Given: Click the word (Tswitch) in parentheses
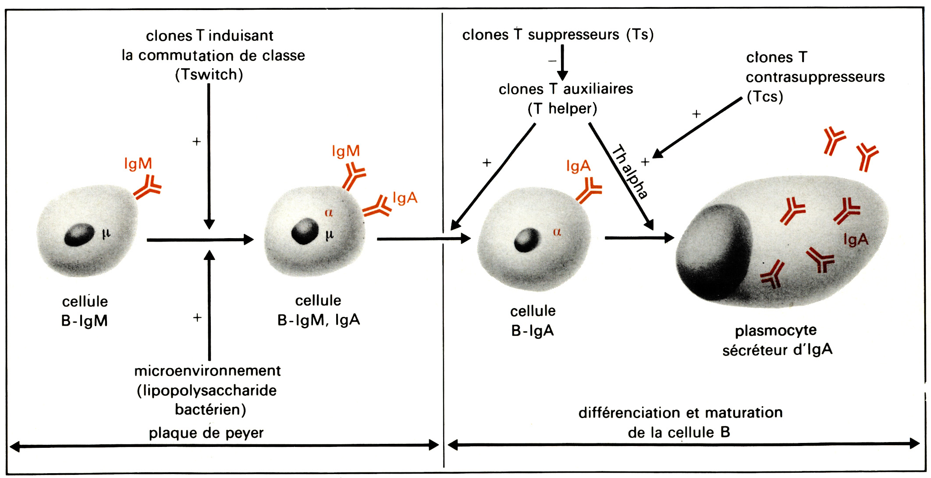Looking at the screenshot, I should point(209,75).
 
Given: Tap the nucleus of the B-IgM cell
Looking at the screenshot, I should point(79,235).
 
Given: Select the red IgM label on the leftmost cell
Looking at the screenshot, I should point(138,164).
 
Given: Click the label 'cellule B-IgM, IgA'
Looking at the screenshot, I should point(319,310).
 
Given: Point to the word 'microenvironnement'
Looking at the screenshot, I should point(207,371).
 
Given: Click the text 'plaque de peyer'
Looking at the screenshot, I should point(206,433).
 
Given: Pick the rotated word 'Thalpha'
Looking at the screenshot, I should point(630,172).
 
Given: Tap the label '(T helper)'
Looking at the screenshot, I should point(562,109).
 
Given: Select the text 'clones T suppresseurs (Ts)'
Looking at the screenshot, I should point(558,35).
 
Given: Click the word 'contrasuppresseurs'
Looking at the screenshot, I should point(815,77).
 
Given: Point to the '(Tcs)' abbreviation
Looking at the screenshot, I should point(765,97).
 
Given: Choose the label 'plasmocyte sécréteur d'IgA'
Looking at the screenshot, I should point(777,340).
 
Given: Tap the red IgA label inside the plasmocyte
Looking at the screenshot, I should point(856,240).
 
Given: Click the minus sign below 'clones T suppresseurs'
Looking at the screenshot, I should point(552,61).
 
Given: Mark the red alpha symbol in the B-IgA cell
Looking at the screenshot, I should point(557,232).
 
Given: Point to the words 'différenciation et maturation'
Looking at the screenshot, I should point(680,413).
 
